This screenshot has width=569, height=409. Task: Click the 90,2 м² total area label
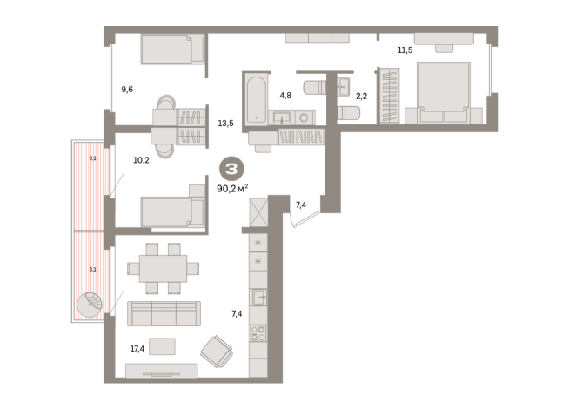pos(232,188)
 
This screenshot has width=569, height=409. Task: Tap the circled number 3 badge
pos(231,169)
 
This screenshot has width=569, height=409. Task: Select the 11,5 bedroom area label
pos(405,50)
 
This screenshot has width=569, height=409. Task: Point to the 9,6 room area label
pos(127,89)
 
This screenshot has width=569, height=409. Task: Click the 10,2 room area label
pos(141,160)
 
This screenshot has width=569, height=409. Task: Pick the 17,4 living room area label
pos(137,349)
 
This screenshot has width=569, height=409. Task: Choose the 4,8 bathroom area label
pos(285,96)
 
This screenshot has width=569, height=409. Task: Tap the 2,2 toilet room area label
pos(361,97)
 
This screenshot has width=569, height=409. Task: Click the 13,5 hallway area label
pos(225,124)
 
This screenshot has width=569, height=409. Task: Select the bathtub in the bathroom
pos(256,99)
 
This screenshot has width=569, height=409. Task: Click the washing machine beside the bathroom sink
pos(305,117)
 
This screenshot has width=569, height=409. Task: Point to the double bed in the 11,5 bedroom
pos(444,92)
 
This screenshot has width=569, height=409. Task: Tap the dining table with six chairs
pos(163,269)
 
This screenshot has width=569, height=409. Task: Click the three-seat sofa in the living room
pos(164,313)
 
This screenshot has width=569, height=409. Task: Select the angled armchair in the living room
pos(217,352)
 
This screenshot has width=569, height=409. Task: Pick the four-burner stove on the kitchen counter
pos(258,333)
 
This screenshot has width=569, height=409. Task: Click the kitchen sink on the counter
pos(258,297)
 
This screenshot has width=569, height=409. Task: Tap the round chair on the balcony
pos(90,305)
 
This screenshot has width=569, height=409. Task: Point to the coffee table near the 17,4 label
pos(162,346)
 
